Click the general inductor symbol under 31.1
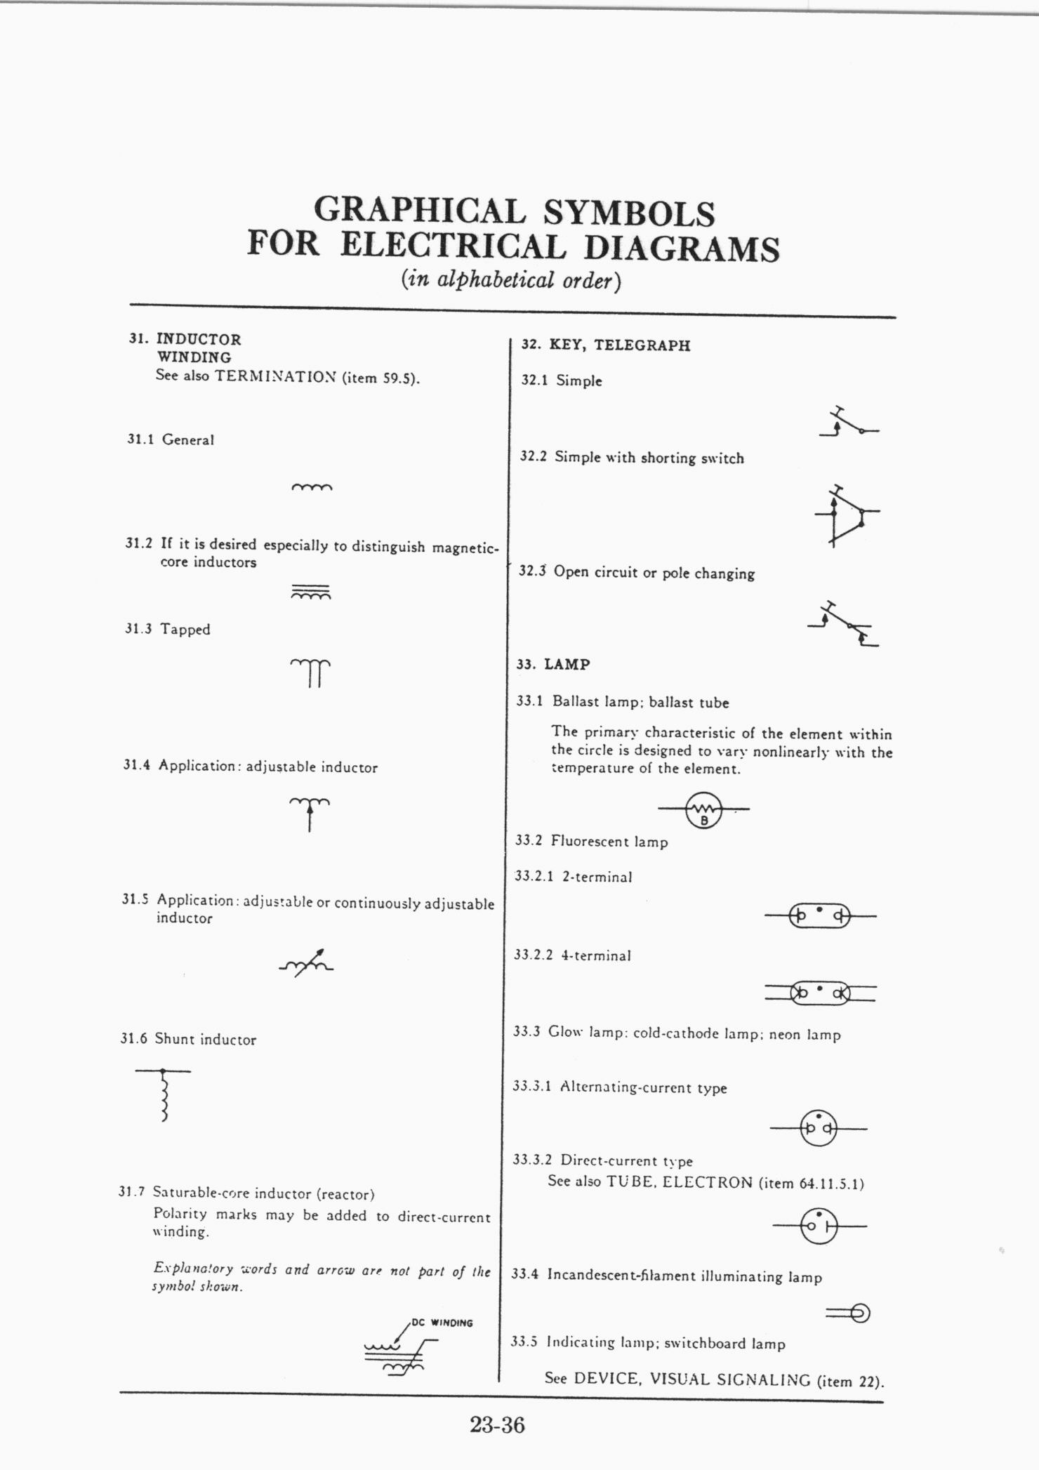pos(311,486)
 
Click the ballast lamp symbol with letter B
pos(704,809)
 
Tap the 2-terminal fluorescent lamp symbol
pos(820,916)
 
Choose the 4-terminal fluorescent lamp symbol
pos(820,993)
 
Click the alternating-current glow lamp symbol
pos(819,1128)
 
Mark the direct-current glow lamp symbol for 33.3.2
pos(819,1226)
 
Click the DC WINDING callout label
pos(442,1323)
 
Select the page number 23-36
pos(498,1425)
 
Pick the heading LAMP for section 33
pos(567,664)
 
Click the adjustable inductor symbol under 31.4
pos(310,812)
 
